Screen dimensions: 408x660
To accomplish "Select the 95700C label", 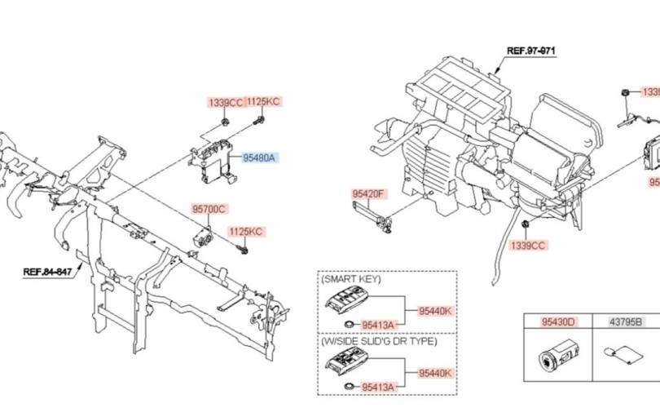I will [x=209, y=209].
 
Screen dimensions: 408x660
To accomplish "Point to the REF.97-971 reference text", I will [x=530, y=51].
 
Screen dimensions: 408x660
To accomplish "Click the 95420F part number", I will [x=369, y=194].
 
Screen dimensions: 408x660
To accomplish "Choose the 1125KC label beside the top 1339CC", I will [x=263, y=102].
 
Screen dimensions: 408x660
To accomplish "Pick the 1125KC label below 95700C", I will [x=245, y=232].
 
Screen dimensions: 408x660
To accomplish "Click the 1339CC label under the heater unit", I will [x=527, y=245].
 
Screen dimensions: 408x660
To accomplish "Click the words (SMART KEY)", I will [x=352, y=279].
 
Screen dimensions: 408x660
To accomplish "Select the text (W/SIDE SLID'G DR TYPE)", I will [x=379, y=341].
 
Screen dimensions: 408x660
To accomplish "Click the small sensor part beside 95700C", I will [x=201, y=237].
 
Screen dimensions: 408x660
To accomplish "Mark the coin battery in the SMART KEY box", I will [x=350, y=325].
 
